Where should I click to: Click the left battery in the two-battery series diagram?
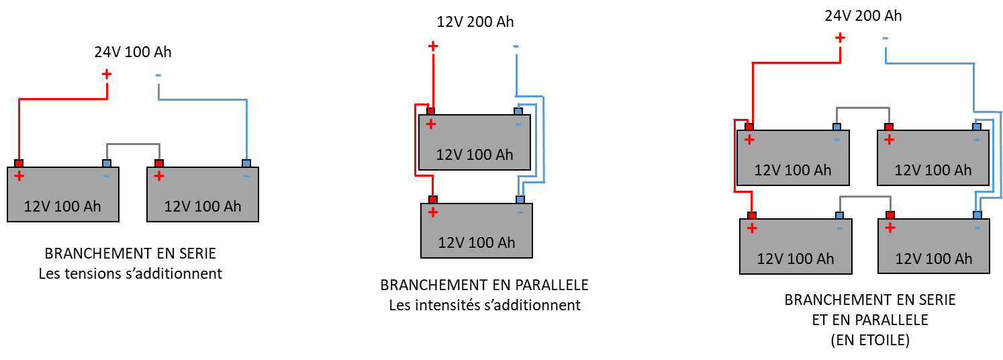(63, 194)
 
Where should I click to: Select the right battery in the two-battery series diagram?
(203, 194)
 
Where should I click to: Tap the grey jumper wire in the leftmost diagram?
(133, 144)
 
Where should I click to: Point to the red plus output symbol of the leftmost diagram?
(107, 73)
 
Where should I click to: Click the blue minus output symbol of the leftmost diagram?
(158, 75)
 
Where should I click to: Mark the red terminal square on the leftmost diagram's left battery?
(19, 163)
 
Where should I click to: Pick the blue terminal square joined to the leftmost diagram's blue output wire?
(246, 163)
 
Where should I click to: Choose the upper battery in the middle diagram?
(475, 142)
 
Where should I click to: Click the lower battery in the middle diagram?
(477, 230)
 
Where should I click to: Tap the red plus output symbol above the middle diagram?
(433, 46)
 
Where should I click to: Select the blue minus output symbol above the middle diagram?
(516, 46)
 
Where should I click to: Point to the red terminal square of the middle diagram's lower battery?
(433, 199)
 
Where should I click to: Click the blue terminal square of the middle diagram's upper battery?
(518, 111)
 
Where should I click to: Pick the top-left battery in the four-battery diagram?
(793, 158)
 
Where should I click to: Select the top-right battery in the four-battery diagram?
(933, 158)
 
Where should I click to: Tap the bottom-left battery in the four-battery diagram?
(796, 246)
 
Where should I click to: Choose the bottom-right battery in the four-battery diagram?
(934, 246)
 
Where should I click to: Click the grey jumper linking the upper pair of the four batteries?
(863, 107)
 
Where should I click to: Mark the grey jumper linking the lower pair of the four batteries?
(865, 197)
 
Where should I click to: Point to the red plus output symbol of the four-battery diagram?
(840, 38)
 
